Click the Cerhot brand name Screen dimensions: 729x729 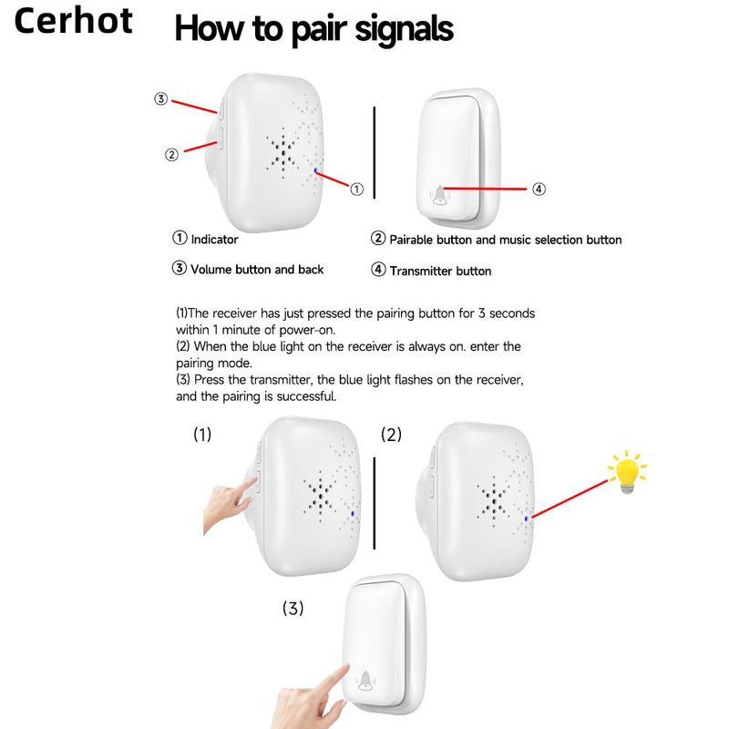coord(74,21)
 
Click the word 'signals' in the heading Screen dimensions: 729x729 coord(404,30)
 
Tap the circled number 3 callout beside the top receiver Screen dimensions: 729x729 coord(161,98)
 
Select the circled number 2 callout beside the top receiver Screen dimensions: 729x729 coord(171,154)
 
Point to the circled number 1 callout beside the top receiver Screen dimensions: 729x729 coord(356,190)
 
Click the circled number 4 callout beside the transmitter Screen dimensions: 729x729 coord(539,190)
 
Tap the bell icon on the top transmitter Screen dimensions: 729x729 coord(439,195)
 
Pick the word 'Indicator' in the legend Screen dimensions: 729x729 coord(214,240)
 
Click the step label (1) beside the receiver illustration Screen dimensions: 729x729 coord(202,435)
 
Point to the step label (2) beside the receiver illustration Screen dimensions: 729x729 coord(391,435)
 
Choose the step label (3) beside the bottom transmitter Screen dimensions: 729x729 coord(293,608)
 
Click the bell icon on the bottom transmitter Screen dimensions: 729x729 coord(365,682)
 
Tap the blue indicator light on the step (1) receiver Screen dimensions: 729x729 coord(353,514)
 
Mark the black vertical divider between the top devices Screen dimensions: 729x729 coord(375,152)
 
